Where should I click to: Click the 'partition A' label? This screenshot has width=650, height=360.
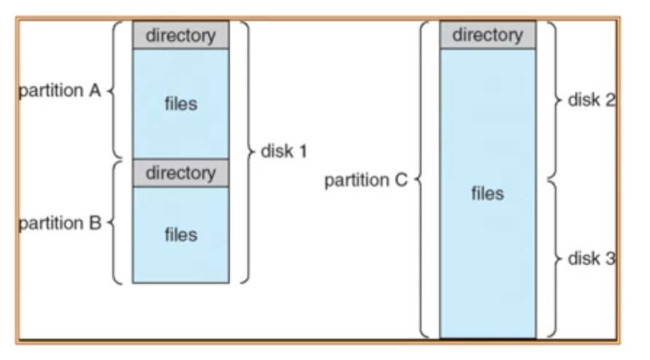pyautogui.click(x=60, y=90)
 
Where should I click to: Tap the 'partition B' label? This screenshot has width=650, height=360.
pyautogui.click(x=60, y=223)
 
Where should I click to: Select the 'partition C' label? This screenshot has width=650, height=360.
pyautogui.click(x=366, y=181)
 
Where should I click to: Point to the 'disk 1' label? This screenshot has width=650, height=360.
pyautogui.click(x=284, y=152)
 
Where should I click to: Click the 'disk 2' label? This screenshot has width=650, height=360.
pyautogui.click(x=592, y=100)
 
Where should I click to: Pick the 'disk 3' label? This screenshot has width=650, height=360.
pyautogui.click(x=592, y=259)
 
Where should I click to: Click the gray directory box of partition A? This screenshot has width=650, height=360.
pyautogui.click(x=181, y=35)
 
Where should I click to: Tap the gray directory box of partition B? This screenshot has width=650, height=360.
pyautogui.click(x=181, y=173)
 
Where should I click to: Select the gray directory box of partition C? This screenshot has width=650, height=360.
pyautogui.click(x=488, y=35)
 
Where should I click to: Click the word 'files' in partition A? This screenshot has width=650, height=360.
pyautogui.click(x=181, y=103)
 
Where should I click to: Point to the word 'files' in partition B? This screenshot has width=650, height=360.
pyautogui.click(x=181, y=235)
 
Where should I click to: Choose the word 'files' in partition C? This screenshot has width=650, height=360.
pyautogui.click(x=487, y=193)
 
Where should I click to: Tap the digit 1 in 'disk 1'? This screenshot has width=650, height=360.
pyautogui.click(x=303, y=152)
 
